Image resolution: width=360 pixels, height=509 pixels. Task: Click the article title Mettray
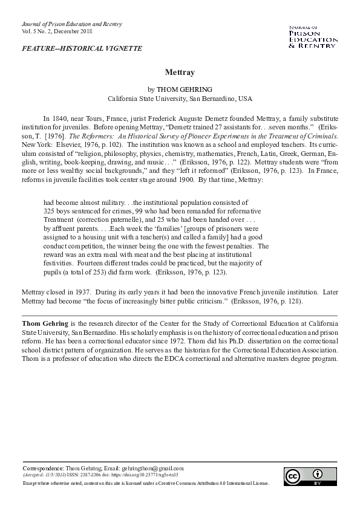click(x=180, y=72)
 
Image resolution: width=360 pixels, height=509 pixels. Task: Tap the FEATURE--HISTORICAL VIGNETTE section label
click(x=82, y=48)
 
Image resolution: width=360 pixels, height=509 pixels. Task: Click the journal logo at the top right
click(x=313, y=37)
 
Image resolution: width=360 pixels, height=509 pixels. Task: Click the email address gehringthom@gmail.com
click(x=152, y=468)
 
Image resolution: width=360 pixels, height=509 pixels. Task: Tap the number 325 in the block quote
click(x=50, y=210)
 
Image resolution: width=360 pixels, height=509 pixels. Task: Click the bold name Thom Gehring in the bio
click(x=45, y=324)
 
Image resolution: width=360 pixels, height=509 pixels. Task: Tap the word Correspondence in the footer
click(x=42, y=468)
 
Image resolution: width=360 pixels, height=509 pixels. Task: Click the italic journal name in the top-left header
click(x=71, y=24)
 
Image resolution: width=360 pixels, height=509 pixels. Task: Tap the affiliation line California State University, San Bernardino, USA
click(x=180, y=98)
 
